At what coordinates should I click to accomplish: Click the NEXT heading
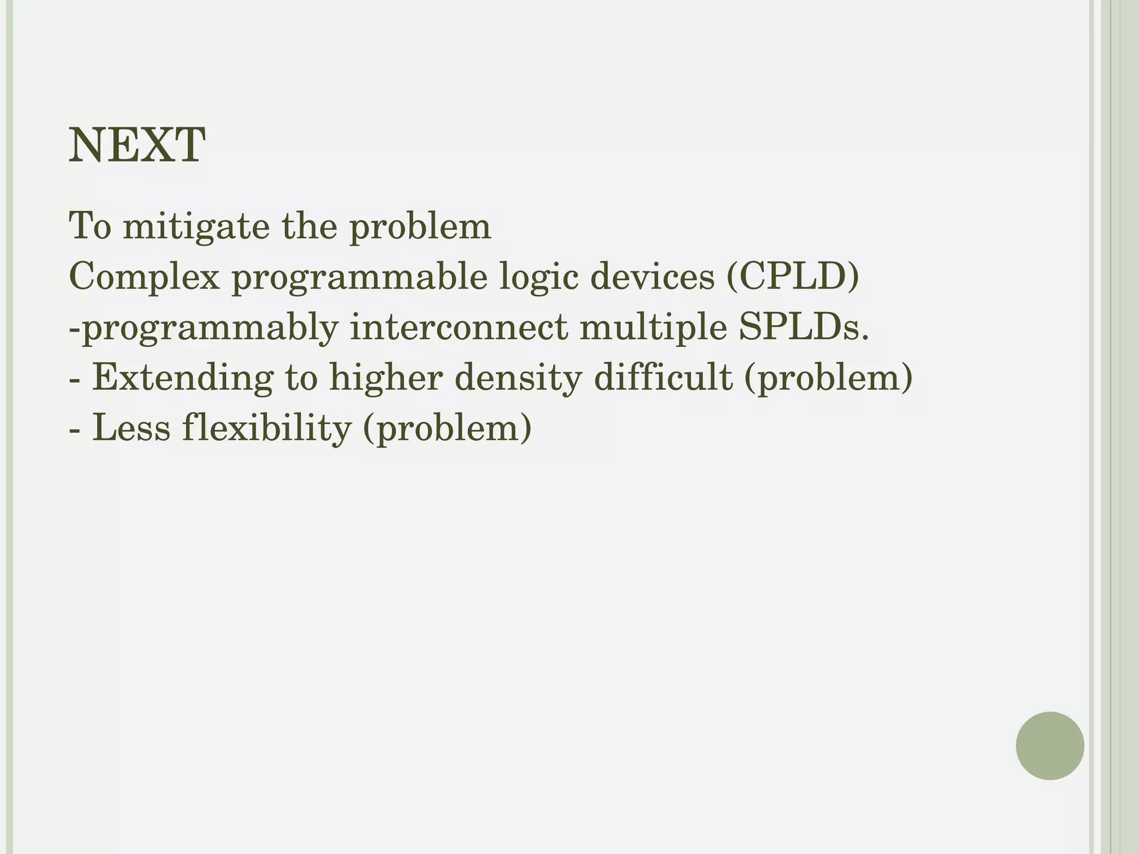(137, 146)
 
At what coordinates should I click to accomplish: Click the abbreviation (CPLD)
(793, 276)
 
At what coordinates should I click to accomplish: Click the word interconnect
(459, 327)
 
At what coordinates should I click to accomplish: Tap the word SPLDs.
(804, 327)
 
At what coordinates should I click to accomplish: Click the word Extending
(182, 378)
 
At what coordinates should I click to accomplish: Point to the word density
(518, 378)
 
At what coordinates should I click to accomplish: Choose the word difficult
(663, 377)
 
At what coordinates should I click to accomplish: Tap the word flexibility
(266, 429)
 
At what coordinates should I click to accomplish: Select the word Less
(131, 428)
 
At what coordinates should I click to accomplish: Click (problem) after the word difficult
(828, 378)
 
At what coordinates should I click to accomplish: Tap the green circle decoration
(1049, 746)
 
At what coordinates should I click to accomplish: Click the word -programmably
(204, 328)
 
